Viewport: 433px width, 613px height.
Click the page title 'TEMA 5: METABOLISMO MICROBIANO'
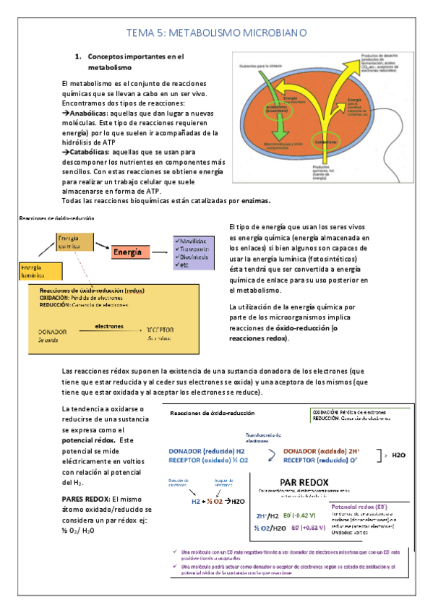pos(217,33)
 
